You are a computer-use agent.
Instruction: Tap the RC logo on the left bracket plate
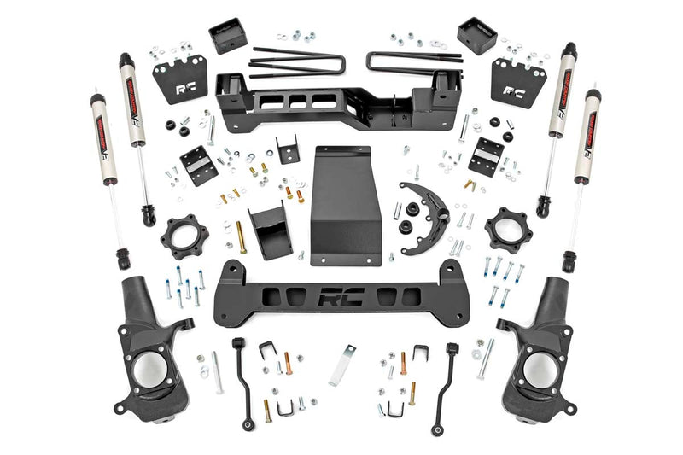click(x=185, y=85)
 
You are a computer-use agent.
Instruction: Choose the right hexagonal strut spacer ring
click(x=508, y=230)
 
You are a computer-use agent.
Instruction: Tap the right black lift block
click(x=476, y=36)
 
